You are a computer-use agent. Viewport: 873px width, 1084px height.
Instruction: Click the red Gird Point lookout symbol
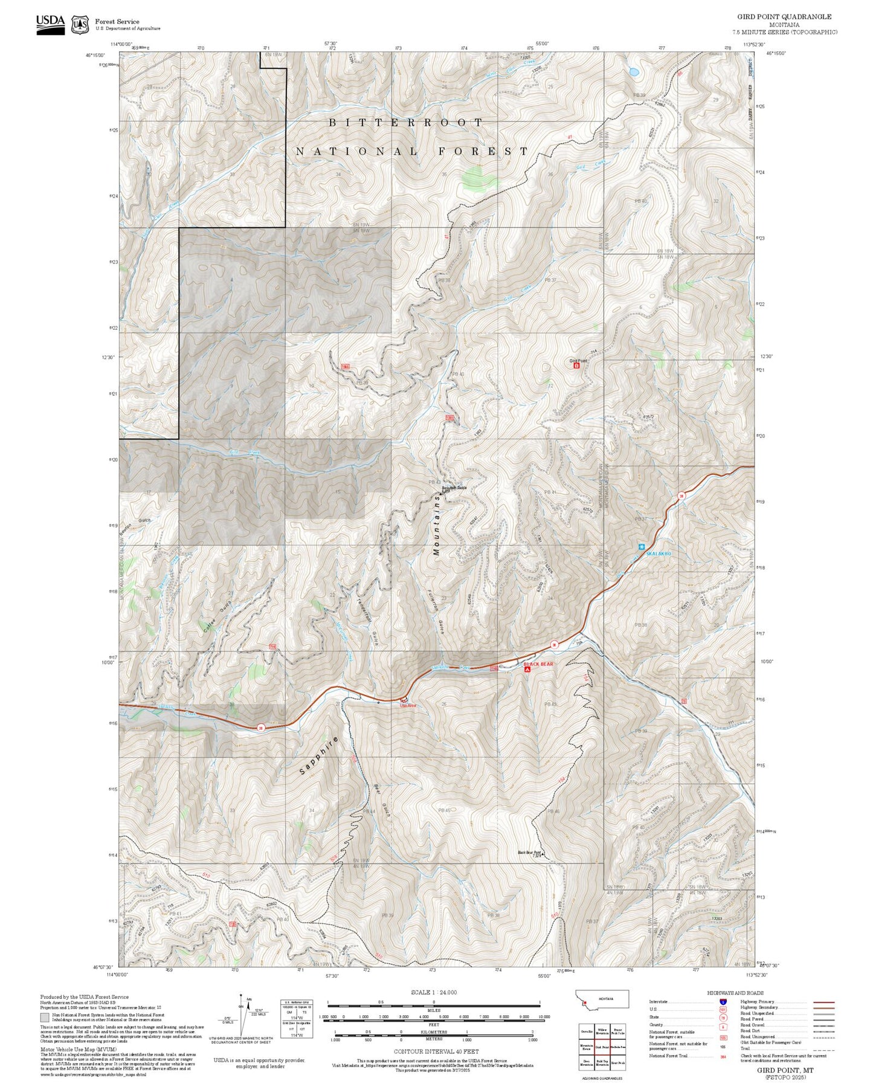point(576,366)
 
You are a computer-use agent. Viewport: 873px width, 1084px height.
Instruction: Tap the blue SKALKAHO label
point(659,553)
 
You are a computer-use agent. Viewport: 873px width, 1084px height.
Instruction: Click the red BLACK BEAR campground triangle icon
point(527,669)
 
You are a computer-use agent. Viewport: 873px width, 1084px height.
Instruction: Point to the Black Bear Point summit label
point(529,853)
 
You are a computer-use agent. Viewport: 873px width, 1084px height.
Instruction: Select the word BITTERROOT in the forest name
point(405,123)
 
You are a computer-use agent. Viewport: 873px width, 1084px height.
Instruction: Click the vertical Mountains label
point(437,524)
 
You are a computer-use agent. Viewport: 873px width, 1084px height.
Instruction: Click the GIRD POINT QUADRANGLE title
point(784,17)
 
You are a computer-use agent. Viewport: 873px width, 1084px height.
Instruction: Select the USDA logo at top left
point(50,23)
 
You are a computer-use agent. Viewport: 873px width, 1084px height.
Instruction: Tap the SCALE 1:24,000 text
point(433,992)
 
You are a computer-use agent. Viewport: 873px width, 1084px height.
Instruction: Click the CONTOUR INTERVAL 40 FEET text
point(436,1051)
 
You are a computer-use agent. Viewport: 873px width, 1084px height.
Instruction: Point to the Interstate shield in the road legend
point(723,1001)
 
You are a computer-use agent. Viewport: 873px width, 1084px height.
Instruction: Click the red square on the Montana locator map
point(584,1004)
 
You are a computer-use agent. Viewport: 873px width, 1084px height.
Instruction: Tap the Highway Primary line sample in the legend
point(824,1002)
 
